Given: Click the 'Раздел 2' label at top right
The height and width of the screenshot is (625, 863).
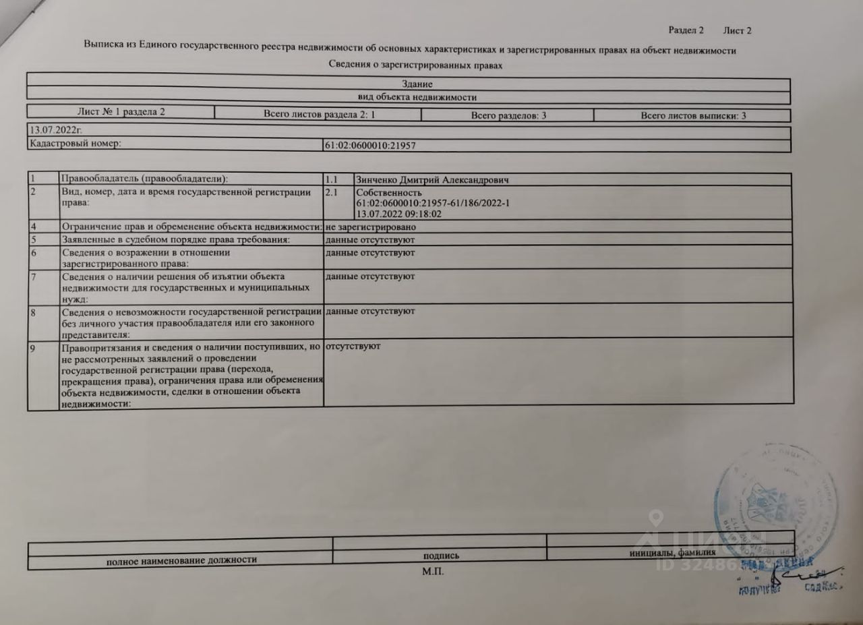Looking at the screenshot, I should pyautogui.click(x=686, y=30).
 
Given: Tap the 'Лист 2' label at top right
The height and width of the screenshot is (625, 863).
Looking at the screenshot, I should pyautogui.click(x=737, y=30).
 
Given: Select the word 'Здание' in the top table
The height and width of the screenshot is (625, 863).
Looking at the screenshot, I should pyautogui.click(x=416, y=84).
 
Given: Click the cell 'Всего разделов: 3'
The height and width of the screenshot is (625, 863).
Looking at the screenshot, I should pyautogui.click(x=508, y=116).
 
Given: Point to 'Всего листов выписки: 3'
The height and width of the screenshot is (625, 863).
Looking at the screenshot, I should pyautogui.click(x=693, y=116).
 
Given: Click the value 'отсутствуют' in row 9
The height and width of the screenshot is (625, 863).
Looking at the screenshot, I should pyautogui.click(x=353, y=346).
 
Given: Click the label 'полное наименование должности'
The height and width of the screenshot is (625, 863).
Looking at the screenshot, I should pyautogui.click(x=181, y=559).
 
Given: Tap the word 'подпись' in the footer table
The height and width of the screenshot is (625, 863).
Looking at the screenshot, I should pyautogui.click(x=441, y=556).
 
